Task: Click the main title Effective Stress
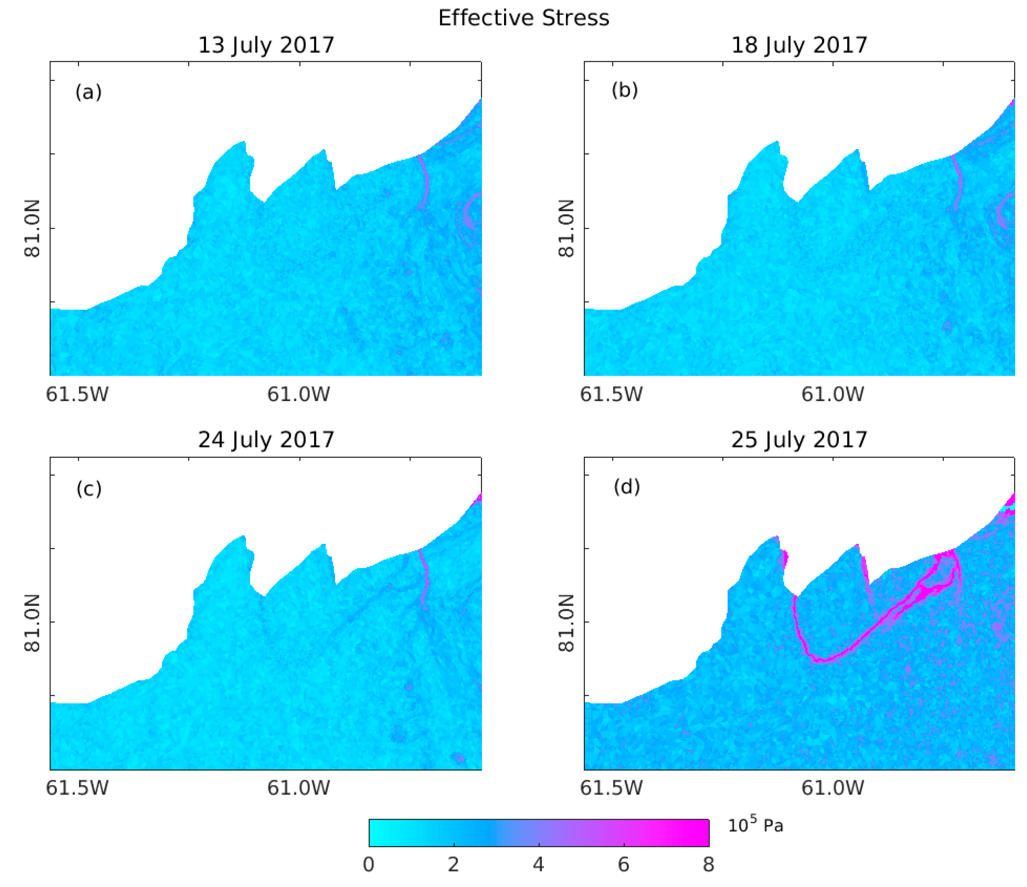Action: click(523, 19)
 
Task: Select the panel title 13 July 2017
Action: click(266, 45)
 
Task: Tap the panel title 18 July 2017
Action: click(799, 45)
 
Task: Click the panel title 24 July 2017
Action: click(266, 440)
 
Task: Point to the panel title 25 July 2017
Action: click(799, 440)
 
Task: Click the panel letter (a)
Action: click(89, 92)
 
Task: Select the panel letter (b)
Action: click(624, 90)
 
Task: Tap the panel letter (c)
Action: click(89, 489)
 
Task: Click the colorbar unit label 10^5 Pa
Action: click(755, 825)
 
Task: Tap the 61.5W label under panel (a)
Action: click(77, 394)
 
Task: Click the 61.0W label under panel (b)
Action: click(833, 394)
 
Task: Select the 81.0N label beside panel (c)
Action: click(32, 623)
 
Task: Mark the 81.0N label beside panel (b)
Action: click(566, 229)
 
